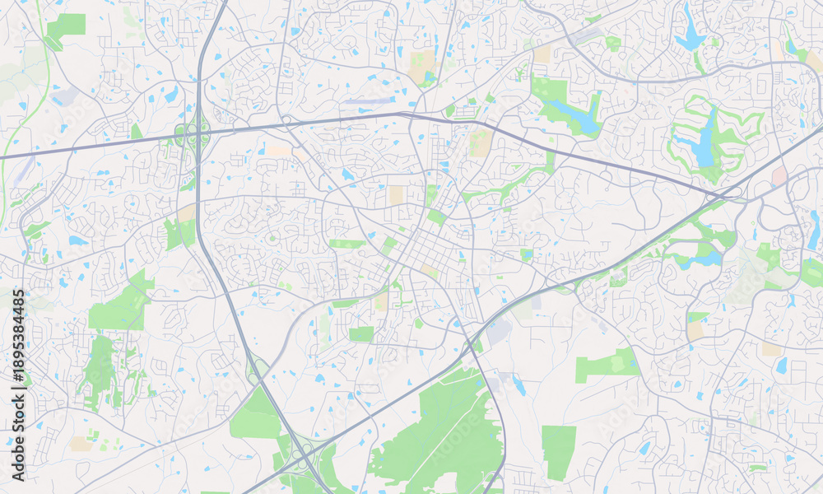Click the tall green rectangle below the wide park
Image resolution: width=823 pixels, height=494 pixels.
[559, 452]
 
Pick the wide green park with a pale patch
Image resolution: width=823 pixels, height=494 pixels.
[607, 364]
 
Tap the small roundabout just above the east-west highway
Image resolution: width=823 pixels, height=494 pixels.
[287, 120]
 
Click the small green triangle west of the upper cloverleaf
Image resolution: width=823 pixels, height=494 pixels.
[136, 132]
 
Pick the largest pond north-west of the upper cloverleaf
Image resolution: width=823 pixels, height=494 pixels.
[171, 95]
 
